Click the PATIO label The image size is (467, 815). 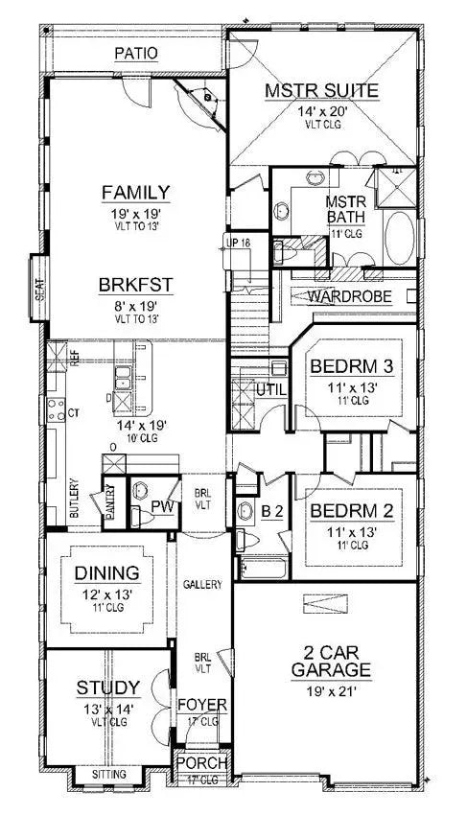click(x=136, y=53)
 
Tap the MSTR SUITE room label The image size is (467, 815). click(x=321, y=91)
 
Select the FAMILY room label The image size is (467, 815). click(x=136, y=193)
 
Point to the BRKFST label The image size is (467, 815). click(x=136, y=285)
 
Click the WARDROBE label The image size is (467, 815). click(x=349, y=296)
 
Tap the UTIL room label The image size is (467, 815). click(x=266, y=389)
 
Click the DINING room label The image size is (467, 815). click(x=107, y=573)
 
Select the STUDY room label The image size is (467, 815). click(x=108, y=687)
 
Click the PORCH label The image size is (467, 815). click(x=201, y=763)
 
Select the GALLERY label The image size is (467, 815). click(x=202, y=584)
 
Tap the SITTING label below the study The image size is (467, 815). click(x=108, y=771)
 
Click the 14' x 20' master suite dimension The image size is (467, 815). click(x=321, y=110)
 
